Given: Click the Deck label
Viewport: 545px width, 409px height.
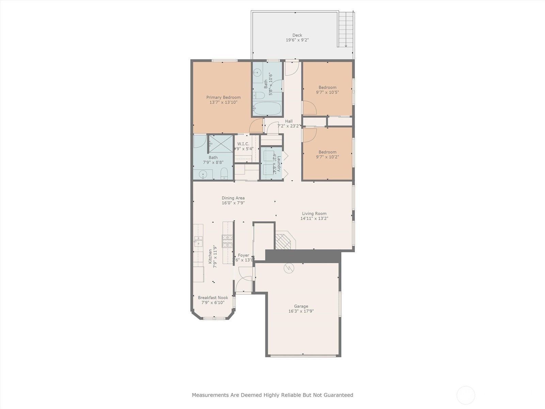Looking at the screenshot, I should pyautogui.click(x=297, y=35).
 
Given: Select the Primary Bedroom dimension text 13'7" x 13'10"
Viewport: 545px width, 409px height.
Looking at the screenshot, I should pyautogui.click(x=223, y=102).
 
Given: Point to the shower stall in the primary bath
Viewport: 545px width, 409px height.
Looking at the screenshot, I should pyautogui.click(x=220, y=143).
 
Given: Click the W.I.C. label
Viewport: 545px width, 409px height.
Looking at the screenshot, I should pyautogui.click(x=243, y=144).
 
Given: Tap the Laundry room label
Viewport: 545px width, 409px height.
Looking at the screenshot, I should pyautogui.click(x=279, y=163).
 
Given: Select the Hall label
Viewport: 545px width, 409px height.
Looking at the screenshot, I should pyautogui.click(x=289, y=121).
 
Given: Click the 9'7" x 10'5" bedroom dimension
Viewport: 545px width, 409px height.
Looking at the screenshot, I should pyautogui.click(x=327, y=92).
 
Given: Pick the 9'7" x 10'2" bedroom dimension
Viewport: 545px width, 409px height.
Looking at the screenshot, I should pyautogui.click(x=327, y=157).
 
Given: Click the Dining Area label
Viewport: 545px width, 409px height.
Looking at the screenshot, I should pyautogui.click(x=233, y=198).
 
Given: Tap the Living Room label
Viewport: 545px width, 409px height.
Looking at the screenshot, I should pyautogui.click(x=314, y=214).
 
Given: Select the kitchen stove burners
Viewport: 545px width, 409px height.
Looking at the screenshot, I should pyautogui.click(x=227, y=241).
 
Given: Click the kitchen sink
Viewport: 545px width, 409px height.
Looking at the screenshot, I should pyautogui.click(x=198, y=241).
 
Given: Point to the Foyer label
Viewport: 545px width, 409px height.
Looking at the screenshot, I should pyautogui.click(x=243, y=255).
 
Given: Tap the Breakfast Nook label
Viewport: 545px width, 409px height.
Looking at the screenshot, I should pyautogui.click(x=213, y=298).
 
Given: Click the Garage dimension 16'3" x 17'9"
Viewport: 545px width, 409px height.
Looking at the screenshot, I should pyautogui.click(x=301, y=311).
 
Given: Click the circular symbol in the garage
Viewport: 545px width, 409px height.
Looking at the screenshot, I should pyautogui.click(x=288, y=268).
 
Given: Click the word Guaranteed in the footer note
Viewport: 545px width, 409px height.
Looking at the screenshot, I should pyautogui.click(x=337, y=395).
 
